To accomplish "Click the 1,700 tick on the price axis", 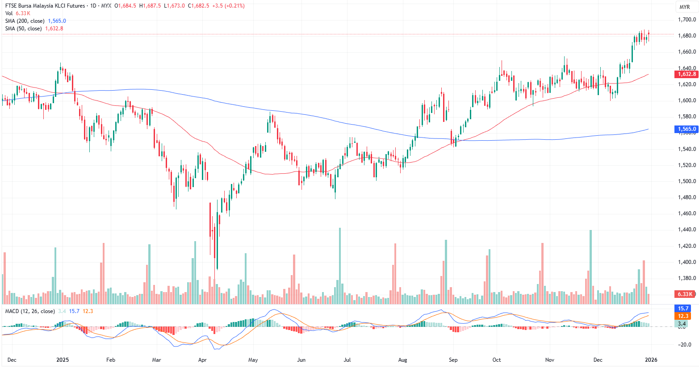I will click(x=686, y=20).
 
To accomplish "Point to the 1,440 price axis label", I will click(x=686, y=230).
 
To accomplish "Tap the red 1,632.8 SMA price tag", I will click(x=686, y=74).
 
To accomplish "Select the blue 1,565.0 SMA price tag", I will click(x=686, y=129).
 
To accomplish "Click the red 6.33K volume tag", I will click(x=684, y=294).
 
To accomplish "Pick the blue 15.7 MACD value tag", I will click(x=683, y=309).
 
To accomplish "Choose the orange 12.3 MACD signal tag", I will click(x=683, y=316).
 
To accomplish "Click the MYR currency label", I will click(x=684, y=7).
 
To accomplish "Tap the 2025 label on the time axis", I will click(x=63, y=360).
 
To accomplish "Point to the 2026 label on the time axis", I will click(x=651, y=360).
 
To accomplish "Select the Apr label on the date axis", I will click(x=202, y=360).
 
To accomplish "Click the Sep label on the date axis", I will click(x=453, y=360).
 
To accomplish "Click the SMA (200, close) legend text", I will click(x=25, y=21).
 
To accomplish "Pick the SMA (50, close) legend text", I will click(x=23, y=29).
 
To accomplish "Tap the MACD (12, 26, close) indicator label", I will click(x=30, y=311).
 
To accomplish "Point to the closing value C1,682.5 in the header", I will click(x=198, y=6).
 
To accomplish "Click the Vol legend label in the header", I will click(x=9, y=13).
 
